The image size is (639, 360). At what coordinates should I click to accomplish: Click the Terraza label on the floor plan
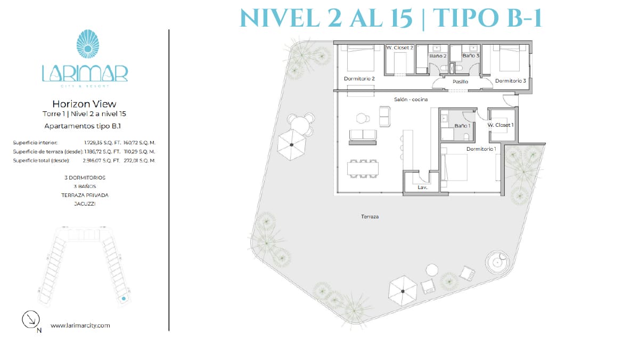[x=370, y=217]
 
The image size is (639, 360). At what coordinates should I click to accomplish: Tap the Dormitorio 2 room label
[x=359, y=79]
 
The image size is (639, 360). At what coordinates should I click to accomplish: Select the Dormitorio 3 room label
[x=510, y=81]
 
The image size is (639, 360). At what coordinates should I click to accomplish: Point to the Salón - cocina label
[x=411, y=100]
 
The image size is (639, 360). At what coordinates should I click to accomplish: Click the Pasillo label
[x=460, y=82]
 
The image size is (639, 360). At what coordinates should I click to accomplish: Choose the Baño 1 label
[x=462, y=126]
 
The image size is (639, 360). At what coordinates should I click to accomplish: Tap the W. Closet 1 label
[x=501, y=125]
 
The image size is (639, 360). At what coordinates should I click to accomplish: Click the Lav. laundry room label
[x=422, y=187]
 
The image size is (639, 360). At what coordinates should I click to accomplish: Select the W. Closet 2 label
[x=400, y=47]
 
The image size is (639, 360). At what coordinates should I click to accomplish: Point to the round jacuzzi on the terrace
[x=497, y=262]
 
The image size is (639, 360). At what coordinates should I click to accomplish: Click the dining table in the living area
[x=363, y=169]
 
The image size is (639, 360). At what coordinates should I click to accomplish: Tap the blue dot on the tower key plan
[x=124, y=299]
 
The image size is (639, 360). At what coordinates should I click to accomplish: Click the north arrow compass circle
[x=31, y=319]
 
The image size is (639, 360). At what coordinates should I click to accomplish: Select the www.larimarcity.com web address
[x=80, y=325]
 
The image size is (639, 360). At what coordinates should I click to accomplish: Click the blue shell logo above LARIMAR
[x=88, y=44]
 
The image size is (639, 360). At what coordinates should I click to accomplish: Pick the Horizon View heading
[x=85, y=104]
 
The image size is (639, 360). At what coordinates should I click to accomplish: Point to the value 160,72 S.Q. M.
[x=139, y=143]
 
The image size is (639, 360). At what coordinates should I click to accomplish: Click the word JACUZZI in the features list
[x=85, y=204]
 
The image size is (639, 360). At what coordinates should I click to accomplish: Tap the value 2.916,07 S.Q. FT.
[x=101, y=161]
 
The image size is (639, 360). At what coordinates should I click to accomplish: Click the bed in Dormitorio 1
[x=454, y=167]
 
